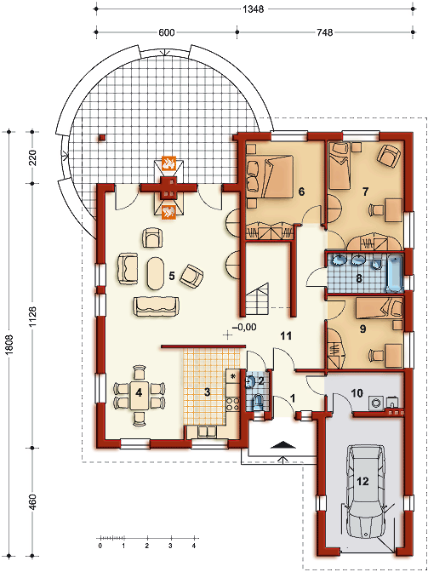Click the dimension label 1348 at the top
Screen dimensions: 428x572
[x=253, y=9]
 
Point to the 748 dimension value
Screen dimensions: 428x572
[x=325, y=32]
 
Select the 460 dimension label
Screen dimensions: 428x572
[x=33, y=503]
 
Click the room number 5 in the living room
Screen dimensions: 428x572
[x=171, y=276]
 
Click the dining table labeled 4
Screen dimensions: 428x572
[x=139, y=396]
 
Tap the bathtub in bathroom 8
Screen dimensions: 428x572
[x=395, y=274]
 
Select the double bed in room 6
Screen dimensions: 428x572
[x=270, y=175]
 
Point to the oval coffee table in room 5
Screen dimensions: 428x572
[x=156, y=273]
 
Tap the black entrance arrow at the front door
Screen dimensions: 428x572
[x=283, y=444]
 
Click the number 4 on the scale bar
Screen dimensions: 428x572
[x=194, y=546]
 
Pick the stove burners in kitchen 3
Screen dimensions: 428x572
[x=233, y=403]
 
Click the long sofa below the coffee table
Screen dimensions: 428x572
[x=157, y=306]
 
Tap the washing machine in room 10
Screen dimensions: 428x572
[x=375, y=403]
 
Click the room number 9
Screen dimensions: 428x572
[x=362, y=329]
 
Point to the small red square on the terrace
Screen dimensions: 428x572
[x=102, y=138]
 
